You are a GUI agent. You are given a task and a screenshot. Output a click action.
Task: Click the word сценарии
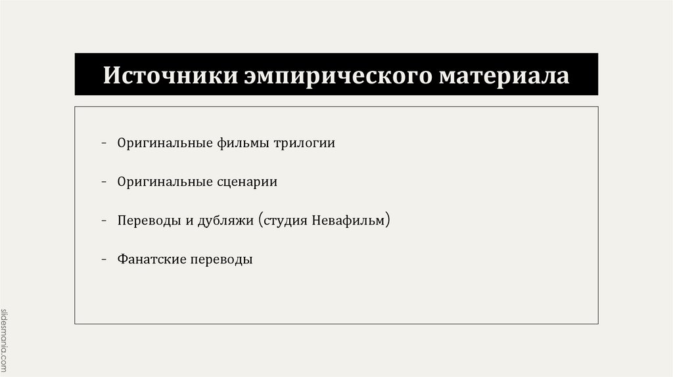[x=246, y=182]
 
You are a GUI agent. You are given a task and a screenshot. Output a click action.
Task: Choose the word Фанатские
[x=151, y=259]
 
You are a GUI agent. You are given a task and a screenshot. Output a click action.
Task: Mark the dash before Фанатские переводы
[x=105, y=259]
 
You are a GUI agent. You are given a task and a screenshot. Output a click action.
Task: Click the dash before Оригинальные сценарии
[x=105, y=182]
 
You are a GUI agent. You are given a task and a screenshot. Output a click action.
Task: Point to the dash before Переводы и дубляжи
[x=105, y=221]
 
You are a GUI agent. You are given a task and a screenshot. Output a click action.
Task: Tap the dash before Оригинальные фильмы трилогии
[x=105, y=143]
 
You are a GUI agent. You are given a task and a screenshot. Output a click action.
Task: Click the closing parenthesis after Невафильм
[x=388, y=220]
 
